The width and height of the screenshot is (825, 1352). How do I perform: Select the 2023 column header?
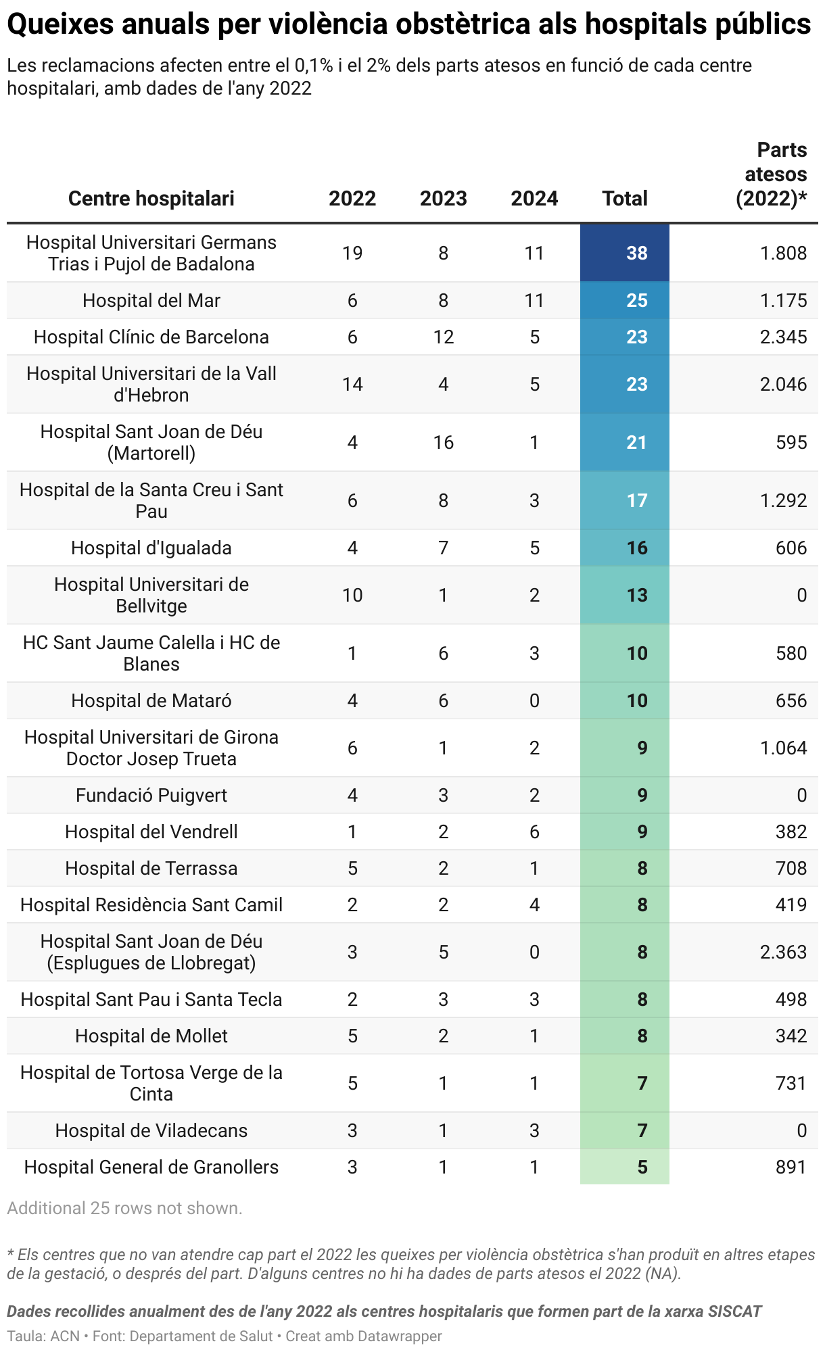(x=443, y=199)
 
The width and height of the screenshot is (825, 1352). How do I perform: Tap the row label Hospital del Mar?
(x=151, y=301)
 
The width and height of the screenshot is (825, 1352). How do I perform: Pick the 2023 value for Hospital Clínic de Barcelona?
(x=443, y=337)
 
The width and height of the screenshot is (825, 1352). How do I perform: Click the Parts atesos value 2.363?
(x=783, y=952)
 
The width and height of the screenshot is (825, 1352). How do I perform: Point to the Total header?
(x=625, y=199)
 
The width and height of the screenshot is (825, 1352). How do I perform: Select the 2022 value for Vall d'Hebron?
(x=352, y=385)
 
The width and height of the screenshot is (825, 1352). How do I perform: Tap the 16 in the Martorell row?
(x=443, y=443)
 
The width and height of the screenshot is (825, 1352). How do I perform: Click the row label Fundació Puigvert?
(x=151, y=796)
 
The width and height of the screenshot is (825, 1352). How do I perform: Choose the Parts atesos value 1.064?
(x=783, y=748)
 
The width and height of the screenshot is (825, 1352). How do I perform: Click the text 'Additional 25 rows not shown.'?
(x=124, y=1208)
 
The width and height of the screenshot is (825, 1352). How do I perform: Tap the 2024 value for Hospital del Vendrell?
(x=534, y=832)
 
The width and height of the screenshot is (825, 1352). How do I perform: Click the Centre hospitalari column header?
(x=151, y=199)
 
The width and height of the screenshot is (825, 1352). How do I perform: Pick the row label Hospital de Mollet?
(x=151, y=1036)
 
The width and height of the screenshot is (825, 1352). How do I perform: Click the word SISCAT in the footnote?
(x=734, y=1312)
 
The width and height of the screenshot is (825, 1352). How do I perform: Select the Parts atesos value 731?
(x=791, y=1084)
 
